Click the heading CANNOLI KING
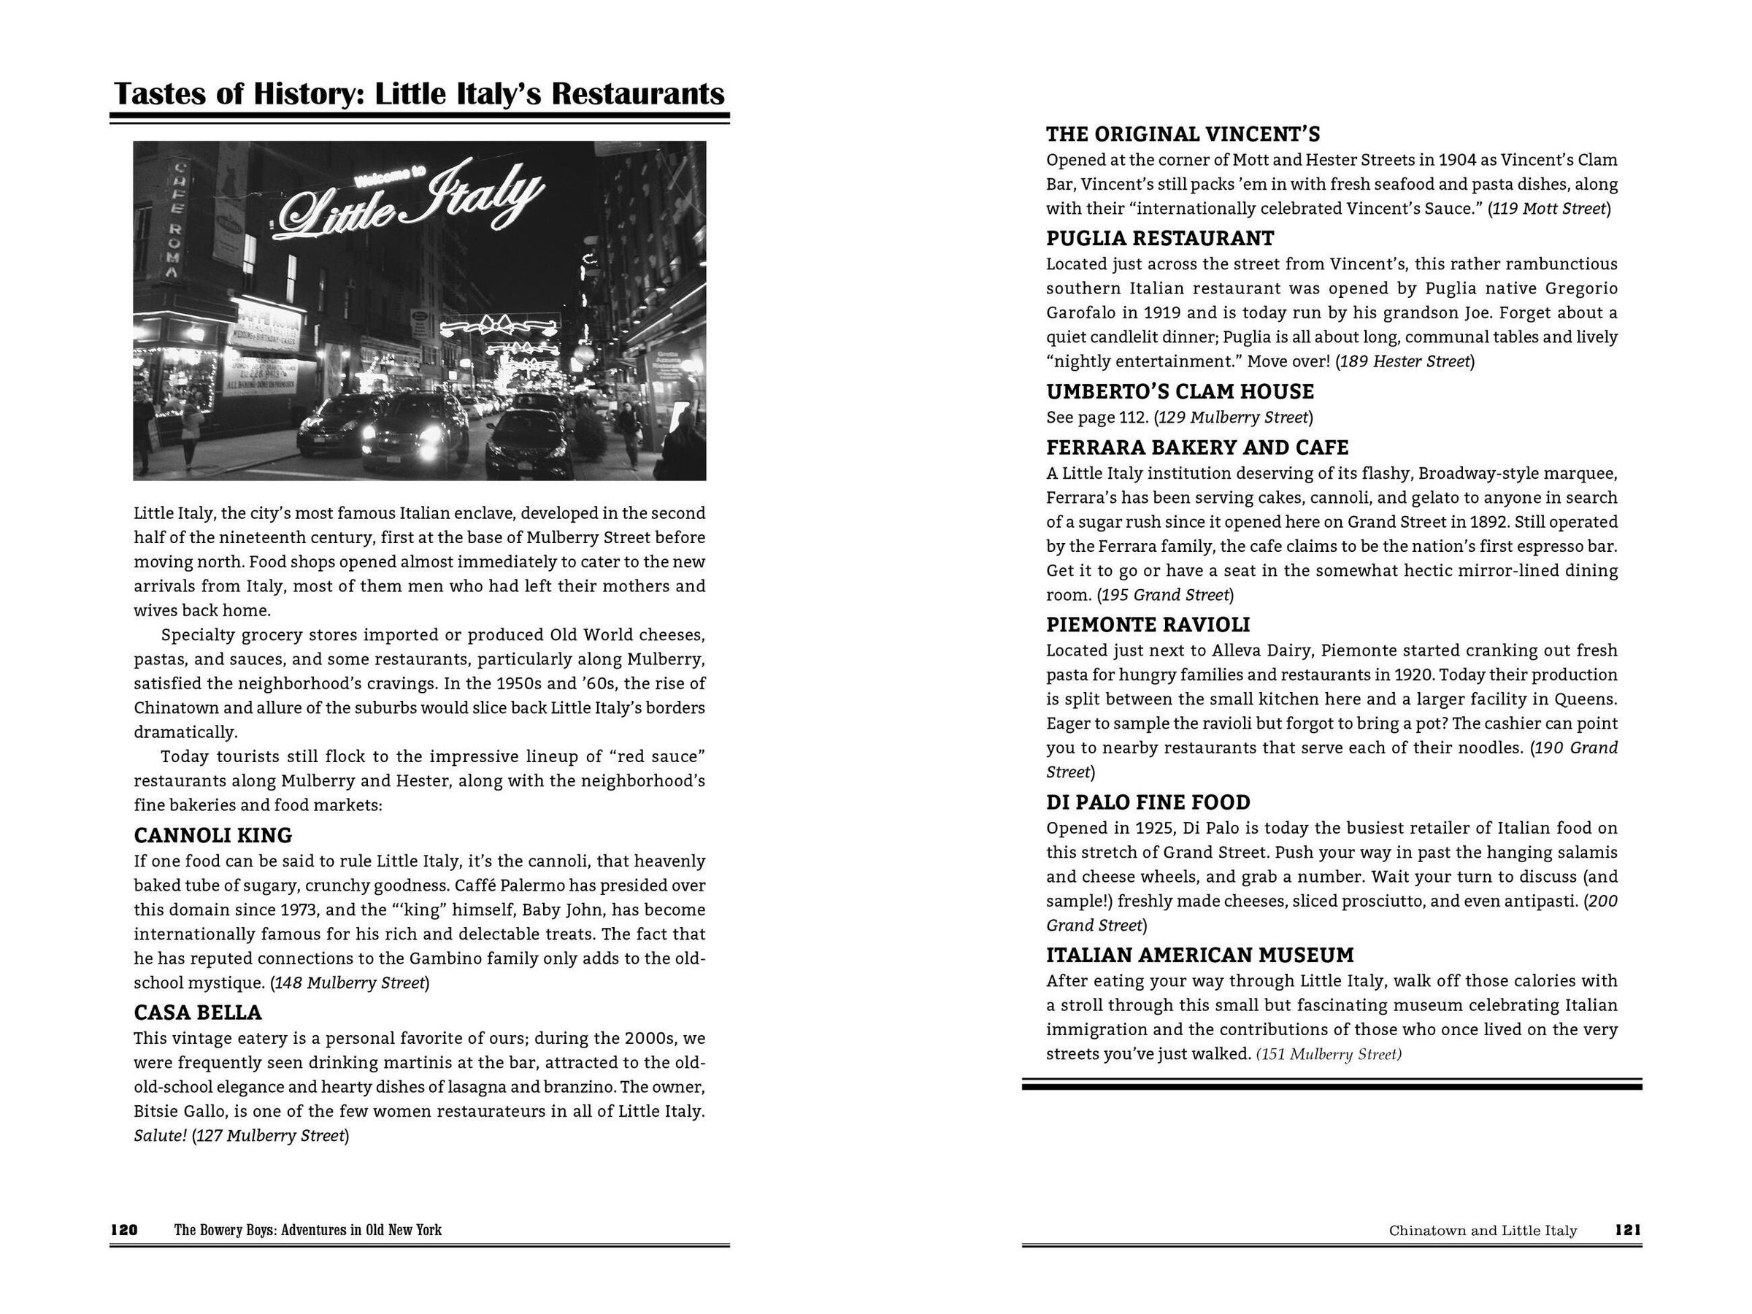pos(212,836)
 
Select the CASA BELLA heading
pos(197,1013)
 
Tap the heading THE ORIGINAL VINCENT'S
pos(1183,134)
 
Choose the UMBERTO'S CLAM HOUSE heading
pos(1180,391)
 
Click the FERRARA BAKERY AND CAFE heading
pos(1196,447)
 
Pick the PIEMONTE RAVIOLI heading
pos(1148,625)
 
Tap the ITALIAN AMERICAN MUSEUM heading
pos(1200,955)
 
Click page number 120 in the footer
pos(123,1230)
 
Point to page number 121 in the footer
pos(1628,1230)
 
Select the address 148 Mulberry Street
pos(349,983)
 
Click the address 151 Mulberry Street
pos(1329,1055)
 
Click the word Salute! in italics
pos(160,1136)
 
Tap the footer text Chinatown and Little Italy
pos(1483,1231)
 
